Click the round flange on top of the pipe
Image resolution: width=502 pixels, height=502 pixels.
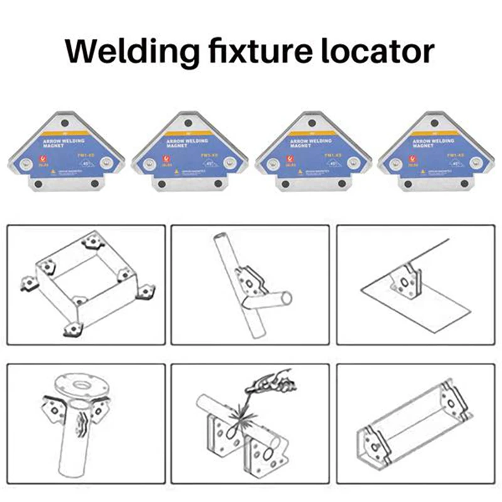(82, 383)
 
